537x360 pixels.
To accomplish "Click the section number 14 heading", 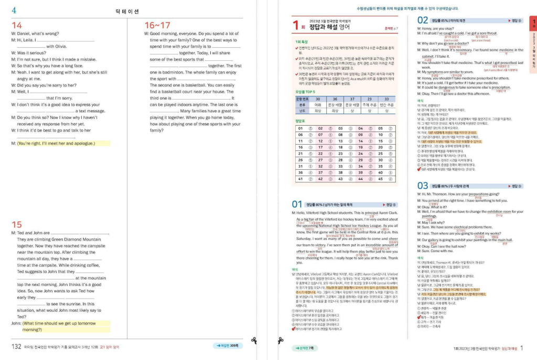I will [x=17, y=25].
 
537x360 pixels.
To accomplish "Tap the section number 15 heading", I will [x=17, y=224].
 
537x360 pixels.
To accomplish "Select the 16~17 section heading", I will [x=157, y=25].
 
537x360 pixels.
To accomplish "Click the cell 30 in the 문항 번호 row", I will [x=318, y=99].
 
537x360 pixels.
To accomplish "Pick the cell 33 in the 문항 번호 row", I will [x=387, y=99].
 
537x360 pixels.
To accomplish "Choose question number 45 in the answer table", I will [x=381, y=179].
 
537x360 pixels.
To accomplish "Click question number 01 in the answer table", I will [x=300, y=128].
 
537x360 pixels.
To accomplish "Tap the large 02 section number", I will [x=423, y=20].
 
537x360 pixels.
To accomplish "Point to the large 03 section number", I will [x=423, y=186].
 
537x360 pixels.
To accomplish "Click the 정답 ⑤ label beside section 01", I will [x=391, y=204].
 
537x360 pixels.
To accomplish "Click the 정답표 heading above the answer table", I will [x=300, y=121].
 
